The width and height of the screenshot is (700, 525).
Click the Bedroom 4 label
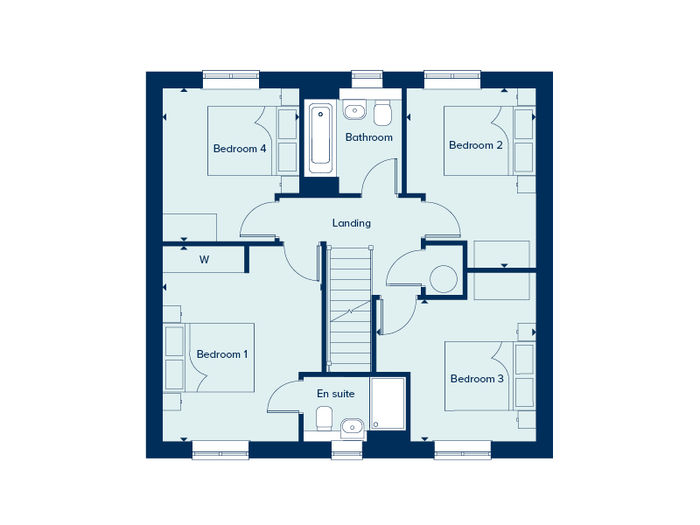240,149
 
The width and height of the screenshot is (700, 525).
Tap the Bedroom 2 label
476,145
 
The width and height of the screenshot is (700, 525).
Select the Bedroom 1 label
222,354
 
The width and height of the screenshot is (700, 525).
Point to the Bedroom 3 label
477,379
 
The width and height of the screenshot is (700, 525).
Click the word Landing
352,223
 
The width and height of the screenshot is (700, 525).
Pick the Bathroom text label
368,137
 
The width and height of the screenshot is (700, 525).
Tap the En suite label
336,393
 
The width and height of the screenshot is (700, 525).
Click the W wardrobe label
204,259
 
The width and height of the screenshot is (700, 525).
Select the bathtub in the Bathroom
320,138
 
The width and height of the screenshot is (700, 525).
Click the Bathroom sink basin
355,109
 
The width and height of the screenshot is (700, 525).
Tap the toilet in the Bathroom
382,113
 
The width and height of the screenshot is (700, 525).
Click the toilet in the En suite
324,418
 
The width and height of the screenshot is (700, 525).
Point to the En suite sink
353,428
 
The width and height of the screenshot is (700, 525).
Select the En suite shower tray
388,403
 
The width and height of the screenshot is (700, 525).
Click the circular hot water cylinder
444,279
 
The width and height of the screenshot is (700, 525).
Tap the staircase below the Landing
350,309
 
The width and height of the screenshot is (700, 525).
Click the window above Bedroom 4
231,79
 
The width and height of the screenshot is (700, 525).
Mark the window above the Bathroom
367,79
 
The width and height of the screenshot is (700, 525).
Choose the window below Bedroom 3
463,450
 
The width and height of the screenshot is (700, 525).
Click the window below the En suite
346,450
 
